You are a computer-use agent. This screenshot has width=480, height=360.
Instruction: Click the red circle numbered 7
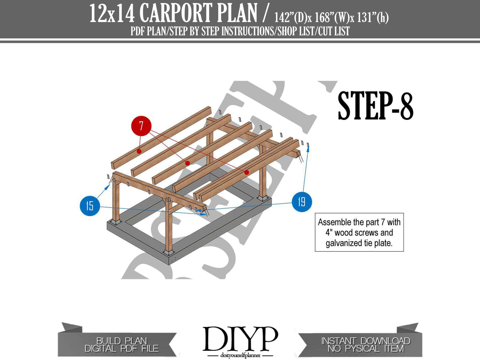pyautogui.click(x=141, y=126)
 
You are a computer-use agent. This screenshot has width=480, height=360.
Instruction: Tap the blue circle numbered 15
pyautogui.click(x=90, y=206)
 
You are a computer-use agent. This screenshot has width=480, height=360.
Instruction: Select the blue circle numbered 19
pyautogui.click(x=302, y=202)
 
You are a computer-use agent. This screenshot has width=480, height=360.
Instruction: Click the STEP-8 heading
pyautogui.click(x=375, y=106)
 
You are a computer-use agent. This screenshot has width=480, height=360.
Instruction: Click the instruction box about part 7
pyautogui.click(x=359, y=232)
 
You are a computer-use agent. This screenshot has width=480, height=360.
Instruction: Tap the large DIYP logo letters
pyautogui.click(x=240, y=338)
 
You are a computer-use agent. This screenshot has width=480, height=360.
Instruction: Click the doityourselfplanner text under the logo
pyautogui.click(x=240, y=355)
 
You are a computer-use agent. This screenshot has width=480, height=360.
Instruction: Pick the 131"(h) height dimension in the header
pyautogui.click(x=373, y=18)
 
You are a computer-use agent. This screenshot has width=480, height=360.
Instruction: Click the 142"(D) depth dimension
pyautogui.click(x=291, y=18)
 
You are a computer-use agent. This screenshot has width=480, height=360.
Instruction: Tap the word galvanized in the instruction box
pyautogui.click(x=345, y=243)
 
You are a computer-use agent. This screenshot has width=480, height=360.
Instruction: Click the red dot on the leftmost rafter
pyautogui.click(x=139, y=151)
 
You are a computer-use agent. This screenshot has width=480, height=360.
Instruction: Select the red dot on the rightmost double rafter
pyautogui.click(x=247, y=172)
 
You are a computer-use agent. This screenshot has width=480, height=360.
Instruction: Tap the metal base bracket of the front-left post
pyautogui.click(x=116, y=222)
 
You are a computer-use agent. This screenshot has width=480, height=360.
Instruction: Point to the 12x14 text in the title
pyautogui.click(x=112, y=14)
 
